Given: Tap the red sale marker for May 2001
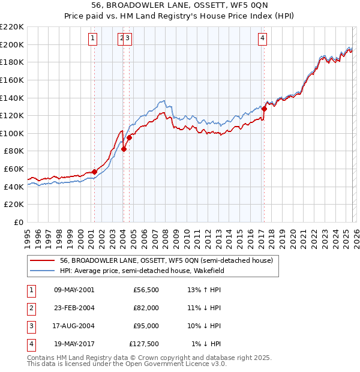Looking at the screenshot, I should coord(94,172).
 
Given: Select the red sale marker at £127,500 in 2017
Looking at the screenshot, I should coord(264,109).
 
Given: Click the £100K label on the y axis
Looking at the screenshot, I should coord(13,133).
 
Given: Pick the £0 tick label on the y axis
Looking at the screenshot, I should coord(19,222).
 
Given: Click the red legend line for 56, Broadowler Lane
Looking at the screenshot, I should coord(42,260).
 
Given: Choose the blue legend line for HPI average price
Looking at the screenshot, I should coord(42,270).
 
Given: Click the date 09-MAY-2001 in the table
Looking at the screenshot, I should coord(74,290).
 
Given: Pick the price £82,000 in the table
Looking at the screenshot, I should coord(146,308).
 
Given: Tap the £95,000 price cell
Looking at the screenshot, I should coord(146,326).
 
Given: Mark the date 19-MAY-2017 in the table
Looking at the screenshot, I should coord(74,344).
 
